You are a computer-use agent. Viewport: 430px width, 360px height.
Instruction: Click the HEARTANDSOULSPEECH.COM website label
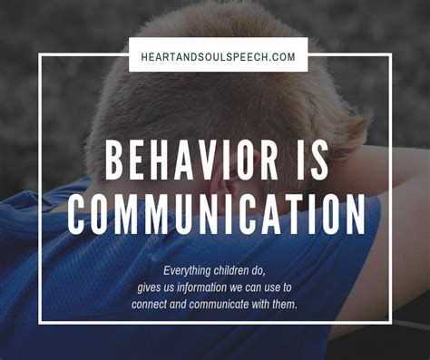pyautogui.click(x=219, y=56)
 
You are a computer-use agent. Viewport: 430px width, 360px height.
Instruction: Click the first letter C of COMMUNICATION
pyautogui.click(x=78, y=215)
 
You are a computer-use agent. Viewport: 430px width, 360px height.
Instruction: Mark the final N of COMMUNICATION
pyautogui.click(x=355, y=215)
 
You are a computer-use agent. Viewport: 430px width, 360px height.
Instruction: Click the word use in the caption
pyautogui.click(x=285, y=287)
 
